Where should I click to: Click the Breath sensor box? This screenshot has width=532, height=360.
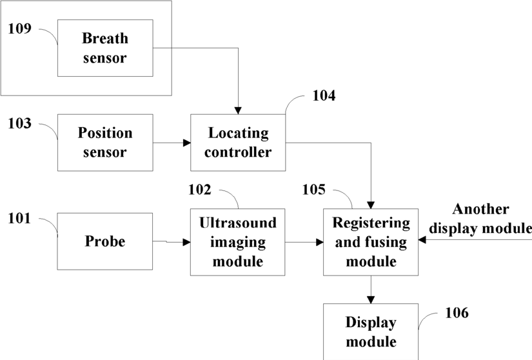pos(105,48)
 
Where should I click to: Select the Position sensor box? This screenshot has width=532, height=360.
pos(105,143)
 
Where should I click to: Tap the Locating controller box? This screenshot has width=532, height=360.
pos(238,143)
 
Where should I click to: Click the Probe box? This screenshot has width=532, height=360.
pos(105,241)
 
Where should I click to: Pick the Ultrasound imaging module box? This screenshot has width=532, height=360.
pos(237,242)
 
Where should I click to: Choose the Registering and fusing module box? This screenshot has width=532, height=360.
pos(371,242)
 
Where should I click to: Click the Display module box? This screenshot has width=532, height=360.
pos(371,332)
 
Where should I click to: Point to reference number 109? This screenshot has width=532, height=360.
pos(20,28)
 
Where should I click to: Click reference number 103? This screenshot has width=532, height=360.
pos(20,123)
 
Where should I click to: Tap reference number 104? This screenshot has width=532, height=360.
pos(324,95)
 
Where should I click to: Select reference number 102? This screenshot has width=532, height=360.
pos(200,189)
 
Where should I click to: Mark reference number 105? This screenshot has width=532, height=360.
pos(314,189)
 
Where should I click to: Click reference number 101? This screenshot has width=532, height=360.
pos(20,218)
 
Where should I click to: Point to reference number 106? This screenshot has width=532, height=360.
pos(457,312)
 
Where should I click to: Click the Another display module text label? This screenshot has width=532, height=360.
pos(480,219)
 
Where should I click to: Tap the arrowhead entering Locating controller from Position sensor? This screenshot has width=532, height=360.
pos(186,143)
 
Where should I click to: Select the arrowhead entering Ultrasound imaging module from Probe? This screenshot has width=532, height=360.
pos(186,243)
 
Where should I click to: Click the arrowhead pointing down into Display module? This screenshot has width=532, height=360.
pos(371,299)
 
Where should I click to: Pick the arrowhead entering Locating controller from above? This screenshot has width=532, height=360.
pos(238,110)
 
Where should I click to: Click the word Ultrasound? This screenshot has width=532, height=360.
pos(238,223)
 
